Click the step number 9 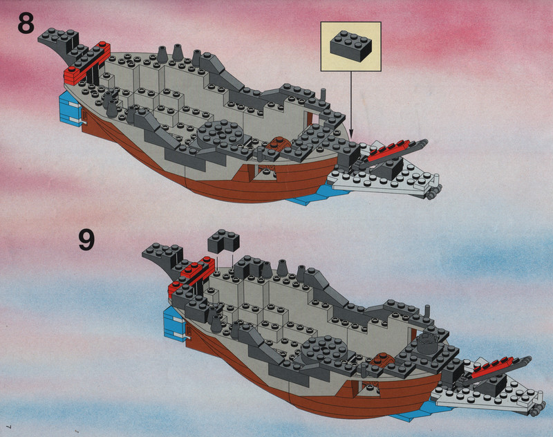pyautogui.click(x=86, y=239)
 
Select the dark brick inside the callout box pyautogui.click(x=350, y=46)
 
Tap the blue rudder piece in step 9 pyautogui.click(x=175, y=324)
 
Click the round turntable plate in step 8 pyautogui.click(x=221, y=134)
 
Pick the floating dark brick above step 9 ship pyautogui.click(x=223, y=240)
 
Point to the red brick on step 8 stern pyautogui.click(x=87, y=64)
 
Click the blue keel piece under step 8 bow pyautogui.click(x=317, y=196)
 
